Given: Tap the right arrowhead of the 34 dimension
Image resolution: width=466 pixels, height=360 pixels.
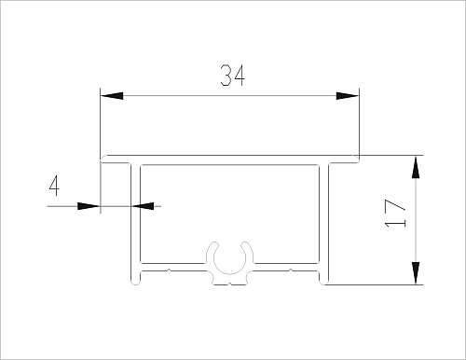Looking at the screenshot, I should (347, 95).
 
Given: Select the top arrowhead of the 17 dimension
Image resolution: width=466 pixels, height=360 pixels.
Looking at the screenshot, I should (415, 167).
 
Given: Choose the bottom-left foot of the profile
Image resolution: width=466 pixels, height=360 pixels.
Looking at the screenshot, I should (131, 277).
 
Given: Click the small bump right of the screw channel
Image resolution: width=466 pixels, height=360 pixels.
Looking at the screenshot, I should (292, 270).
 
